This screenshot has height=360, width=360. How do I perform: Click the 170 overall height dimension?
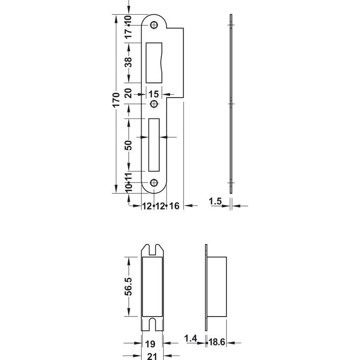pyautogui.click(x=116, y=100)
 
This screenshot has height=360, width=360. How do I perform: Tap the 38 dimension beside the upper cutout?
pyautogui.click(x=129, y=62)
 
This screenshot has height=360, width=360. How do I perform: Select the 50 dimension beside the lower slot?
pyautogui.click(x=129, y=145)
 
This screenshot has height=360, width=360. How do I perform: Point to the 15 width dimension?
pyautogui.click(x=153, y=94)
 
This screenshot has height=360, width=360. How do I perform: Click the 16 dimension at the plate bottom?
pyautogui.click(x=174, y=206)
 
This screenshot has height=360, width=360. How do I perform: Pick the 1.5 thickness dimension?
pyautogui.click(x=215, y=201)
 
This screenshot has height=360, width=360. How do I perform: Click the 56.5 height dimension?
pyautogui.click(x=129, y=287)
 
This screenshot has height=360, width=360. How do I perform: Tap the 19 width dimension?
pyautogui.click(x=150, y=344)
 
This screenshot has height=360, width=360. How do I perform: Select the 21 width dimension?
pyautogui.click(x=152, y=357)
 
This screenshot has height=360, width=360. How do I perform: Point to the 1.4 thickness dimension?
pyautogui.click(x=190, y=338)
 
